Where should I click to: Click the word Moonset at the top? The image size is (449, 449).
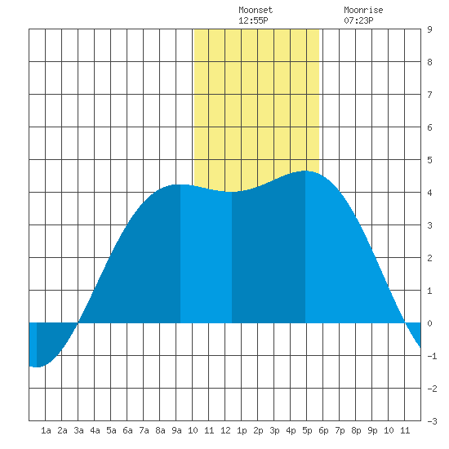coord(256,10)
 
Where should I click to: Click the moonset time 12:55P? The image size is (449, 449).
coord(253,20)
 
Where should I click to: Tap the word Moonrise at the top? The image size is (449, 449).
coord(363,10)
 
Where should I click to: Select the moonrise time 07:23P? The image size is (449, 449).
coord(358,20)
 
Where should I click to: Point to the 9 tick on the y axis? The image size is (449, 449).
coord(429,29)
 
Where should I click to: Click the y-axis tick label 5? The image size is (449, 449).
coord(429,160)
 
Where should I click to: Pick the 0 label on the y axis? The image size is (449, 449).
coord(429,323)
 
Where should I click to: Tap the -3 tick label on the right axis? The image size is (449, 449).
coord(432,421)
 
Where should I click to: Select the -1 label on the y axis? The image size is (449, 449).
coord(432,356)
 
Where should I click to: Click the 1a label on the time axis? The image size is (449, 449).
coord(46,430)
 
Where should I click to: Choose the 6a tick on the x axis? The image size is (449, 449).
coord(127,430)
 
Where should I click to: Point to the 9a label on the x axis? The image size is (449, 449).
coord(176,430)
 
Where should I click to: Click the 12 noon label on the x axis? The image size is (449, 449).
coord(225,430)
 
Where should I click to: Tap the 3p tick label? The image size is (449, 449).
coord(274,430)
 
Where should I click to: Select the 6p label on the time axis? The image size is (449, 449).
coord(323,430)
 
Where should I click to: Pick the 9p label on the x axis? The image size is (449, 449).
coord(372,430)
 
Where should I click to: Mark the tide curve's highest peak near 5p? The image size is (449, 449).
coord(305,171)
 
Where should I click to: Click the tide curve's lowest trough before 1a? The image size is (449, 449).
coord(37,367)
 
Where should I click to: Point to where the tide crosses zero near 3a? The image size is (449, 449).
coord(78,323)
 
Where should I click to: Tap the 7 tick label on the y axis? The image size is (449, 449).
coord(429,95)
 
